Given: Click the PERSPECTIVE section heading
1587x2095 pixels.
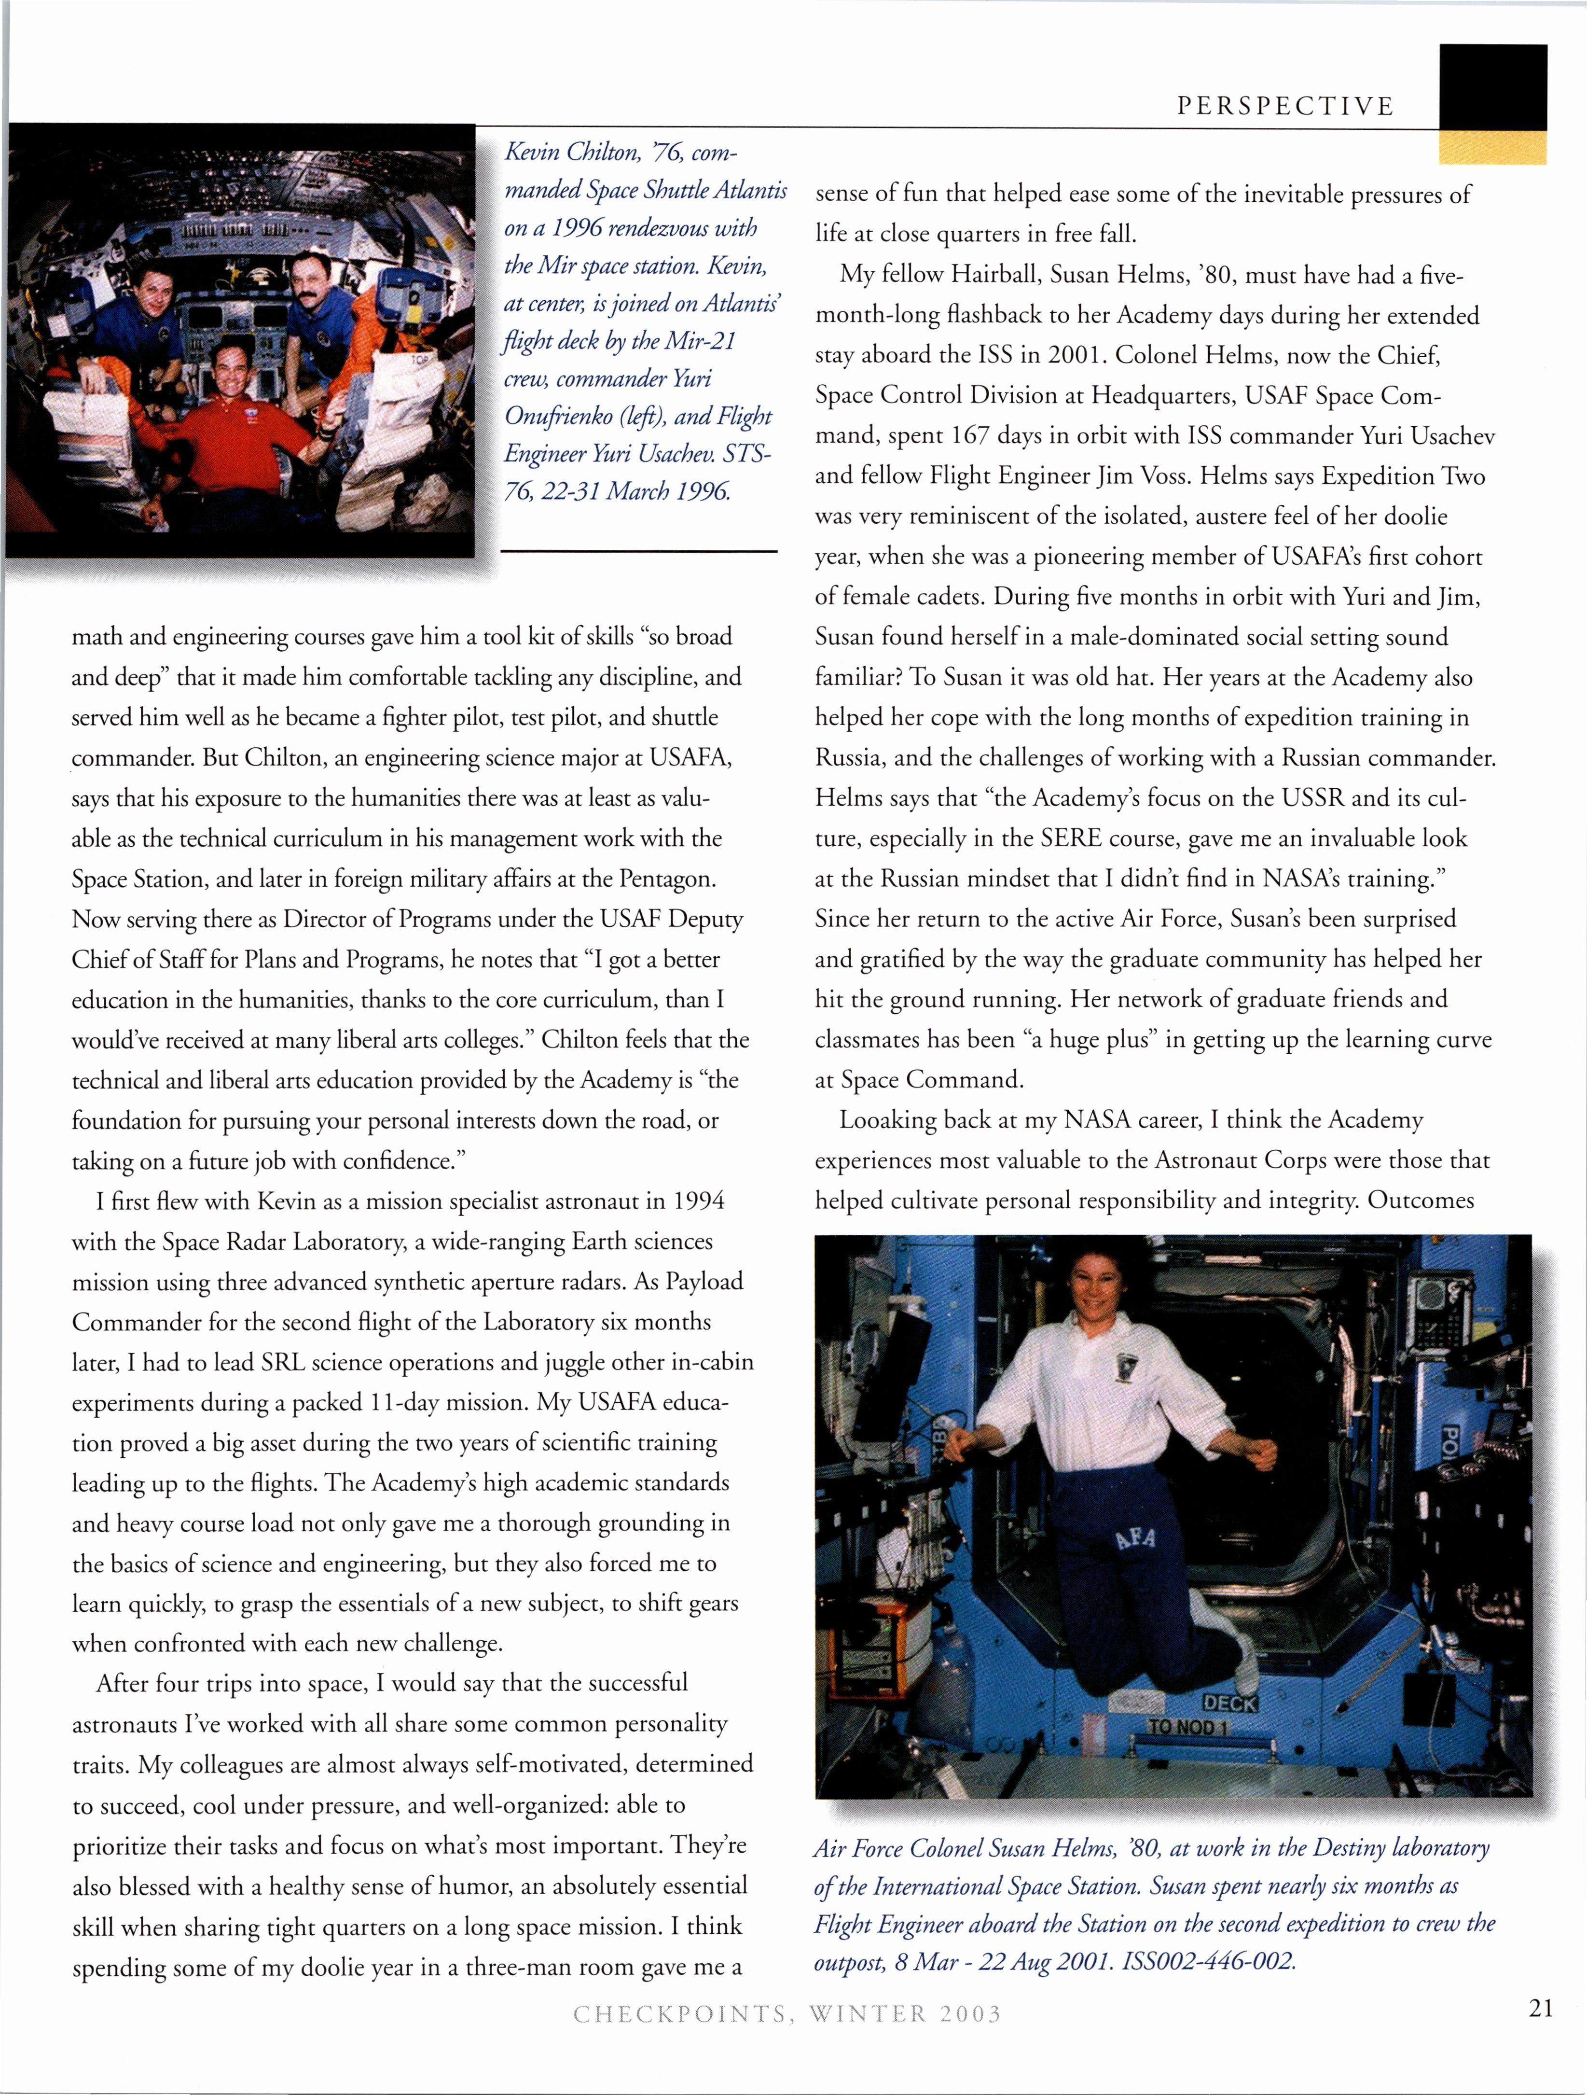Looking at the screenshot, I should click(x=1285, y=106).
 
